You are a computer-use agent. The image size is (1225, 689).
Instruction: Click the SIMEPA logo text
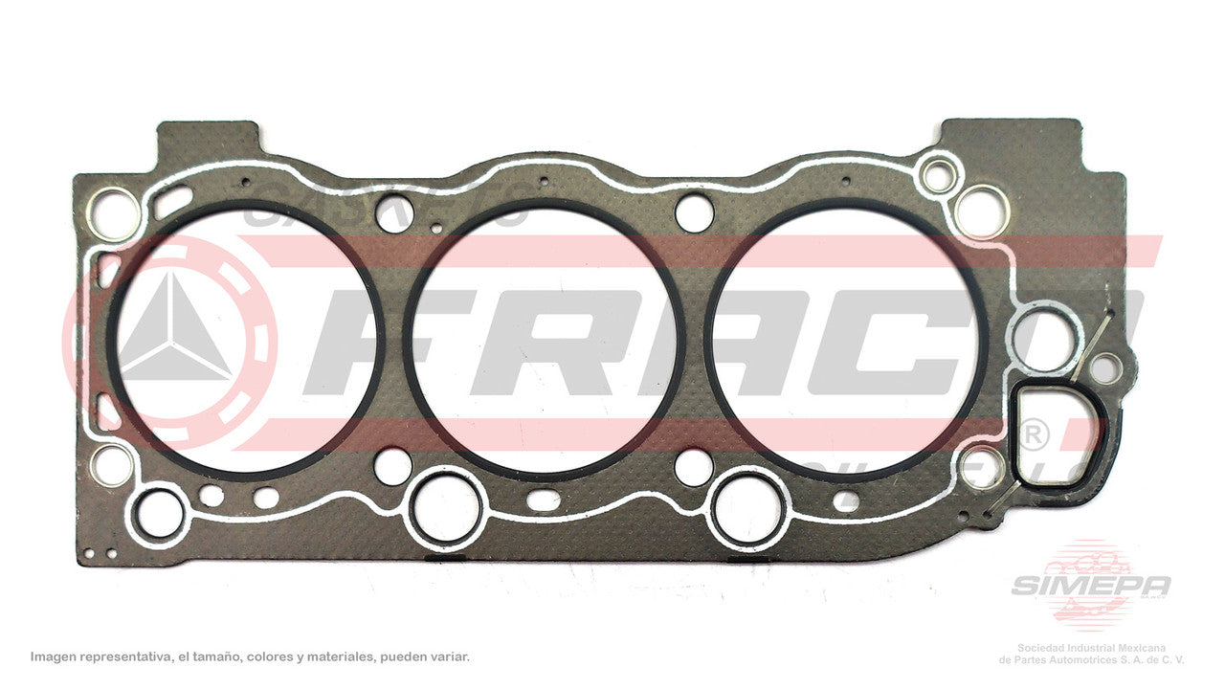click(1091, 585)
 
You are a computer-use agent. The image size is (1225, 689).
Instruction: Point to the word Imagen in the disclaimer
click(55, 657)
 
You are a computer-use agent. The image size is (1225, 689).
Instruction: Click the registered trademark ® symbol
click(1033, 434)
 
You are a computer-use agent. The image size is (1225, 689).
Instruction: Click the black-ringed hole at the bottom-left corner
click(159, 513)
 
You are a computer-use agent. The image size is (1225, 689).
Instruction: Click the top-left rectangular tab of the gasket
click(208, 139)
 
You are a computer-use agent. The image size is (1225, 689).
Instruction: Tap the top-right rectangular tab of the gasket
click(1010, 136)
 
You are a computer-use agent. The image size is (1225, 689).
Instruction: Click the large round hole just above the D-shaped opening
click(1043, 339)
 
